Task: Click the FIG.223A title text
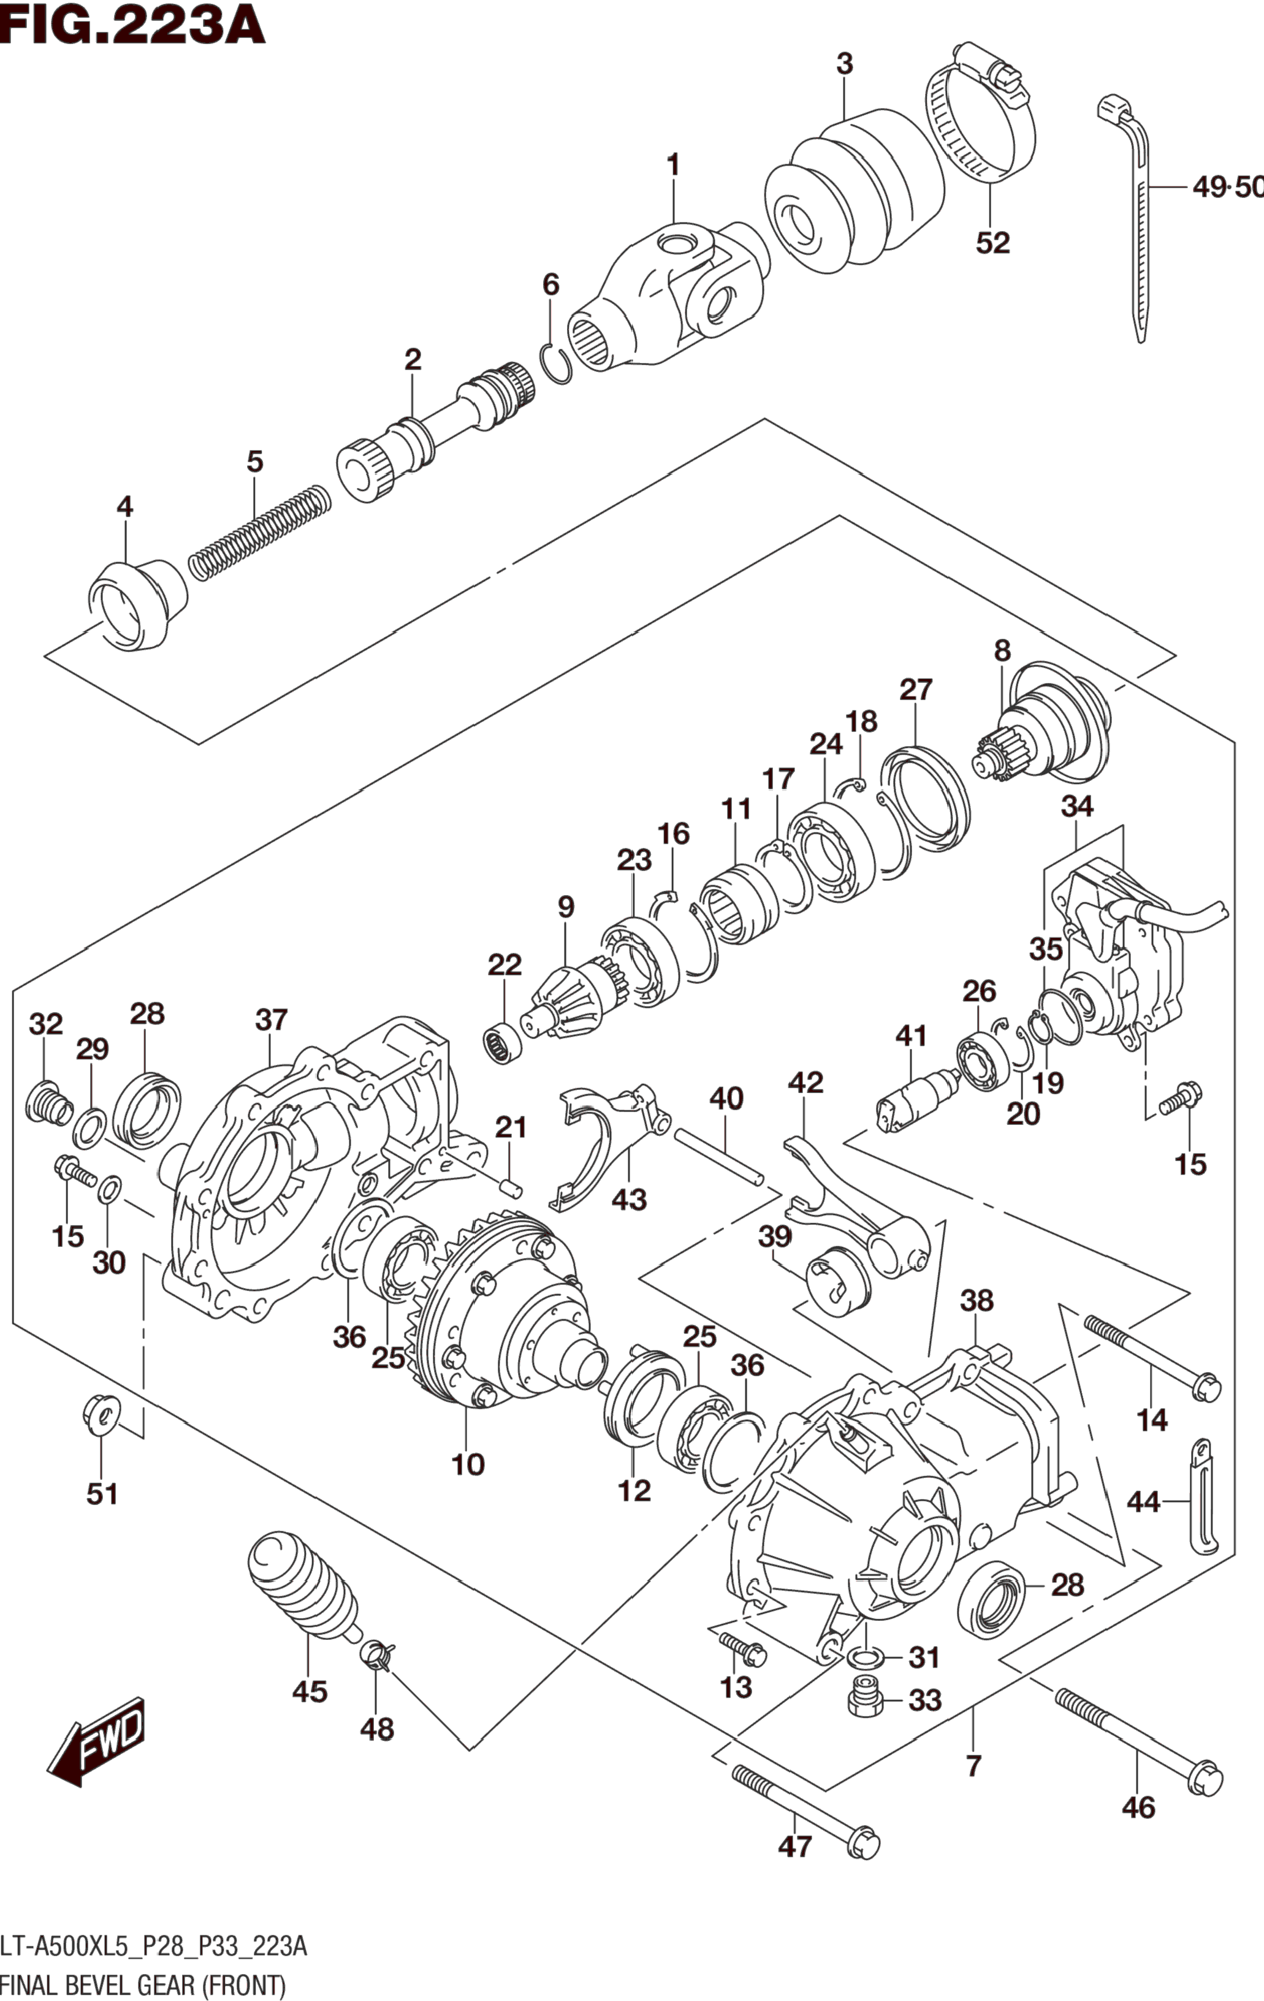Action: (133, 25)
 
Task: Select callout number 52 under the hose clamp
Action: (992, 243)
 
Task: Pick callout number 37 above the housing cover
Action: (271, 1020)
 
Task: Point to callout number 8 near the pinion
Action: (1002, 650)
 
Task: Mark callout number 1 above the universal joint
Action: (673, 166)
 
